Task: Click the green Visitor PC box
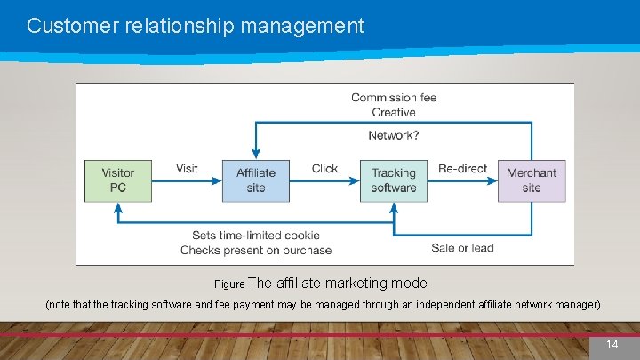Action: coord(118,180)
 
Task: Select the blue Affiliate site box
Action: coord(256,180)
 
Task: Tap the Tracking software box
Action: coord(394,180)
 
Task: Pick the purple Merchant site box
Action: coord(532,180)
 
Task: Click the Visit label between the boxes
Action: coord(187,168)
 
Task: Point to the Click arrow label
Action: coord(324,168)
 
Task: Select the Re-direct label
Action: coord(462,168)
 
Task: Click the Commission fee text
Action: coord(394,97)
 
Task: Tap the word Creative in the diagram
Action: coord(394,112)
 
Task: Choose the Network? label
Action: coord(394,135)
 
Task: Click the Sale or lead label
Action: coord(462,248)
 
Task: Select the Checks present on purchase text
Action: coord(256,251)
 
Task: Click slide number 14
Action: coord(612,345)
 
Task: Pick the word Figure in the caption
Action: coord(229,285)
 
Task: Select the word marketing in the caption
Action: coord(345,284)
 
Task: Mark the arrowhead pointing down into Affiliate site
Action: coord(256,153)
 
